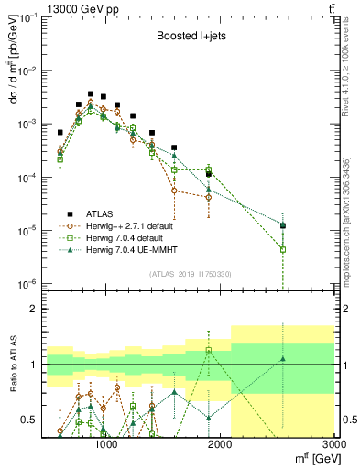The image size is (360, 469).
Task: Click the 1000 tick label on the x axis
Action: point(105,445)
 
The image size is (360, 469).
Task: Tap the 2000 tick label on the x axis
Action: point(220,445)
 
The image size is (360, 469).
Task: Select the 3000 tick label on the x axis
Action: point(333,445)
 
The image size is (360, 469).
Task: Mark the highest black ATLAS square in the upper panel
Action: point(91,93)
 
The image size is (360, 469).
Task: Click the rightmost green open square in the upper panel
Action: point(283,249)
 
